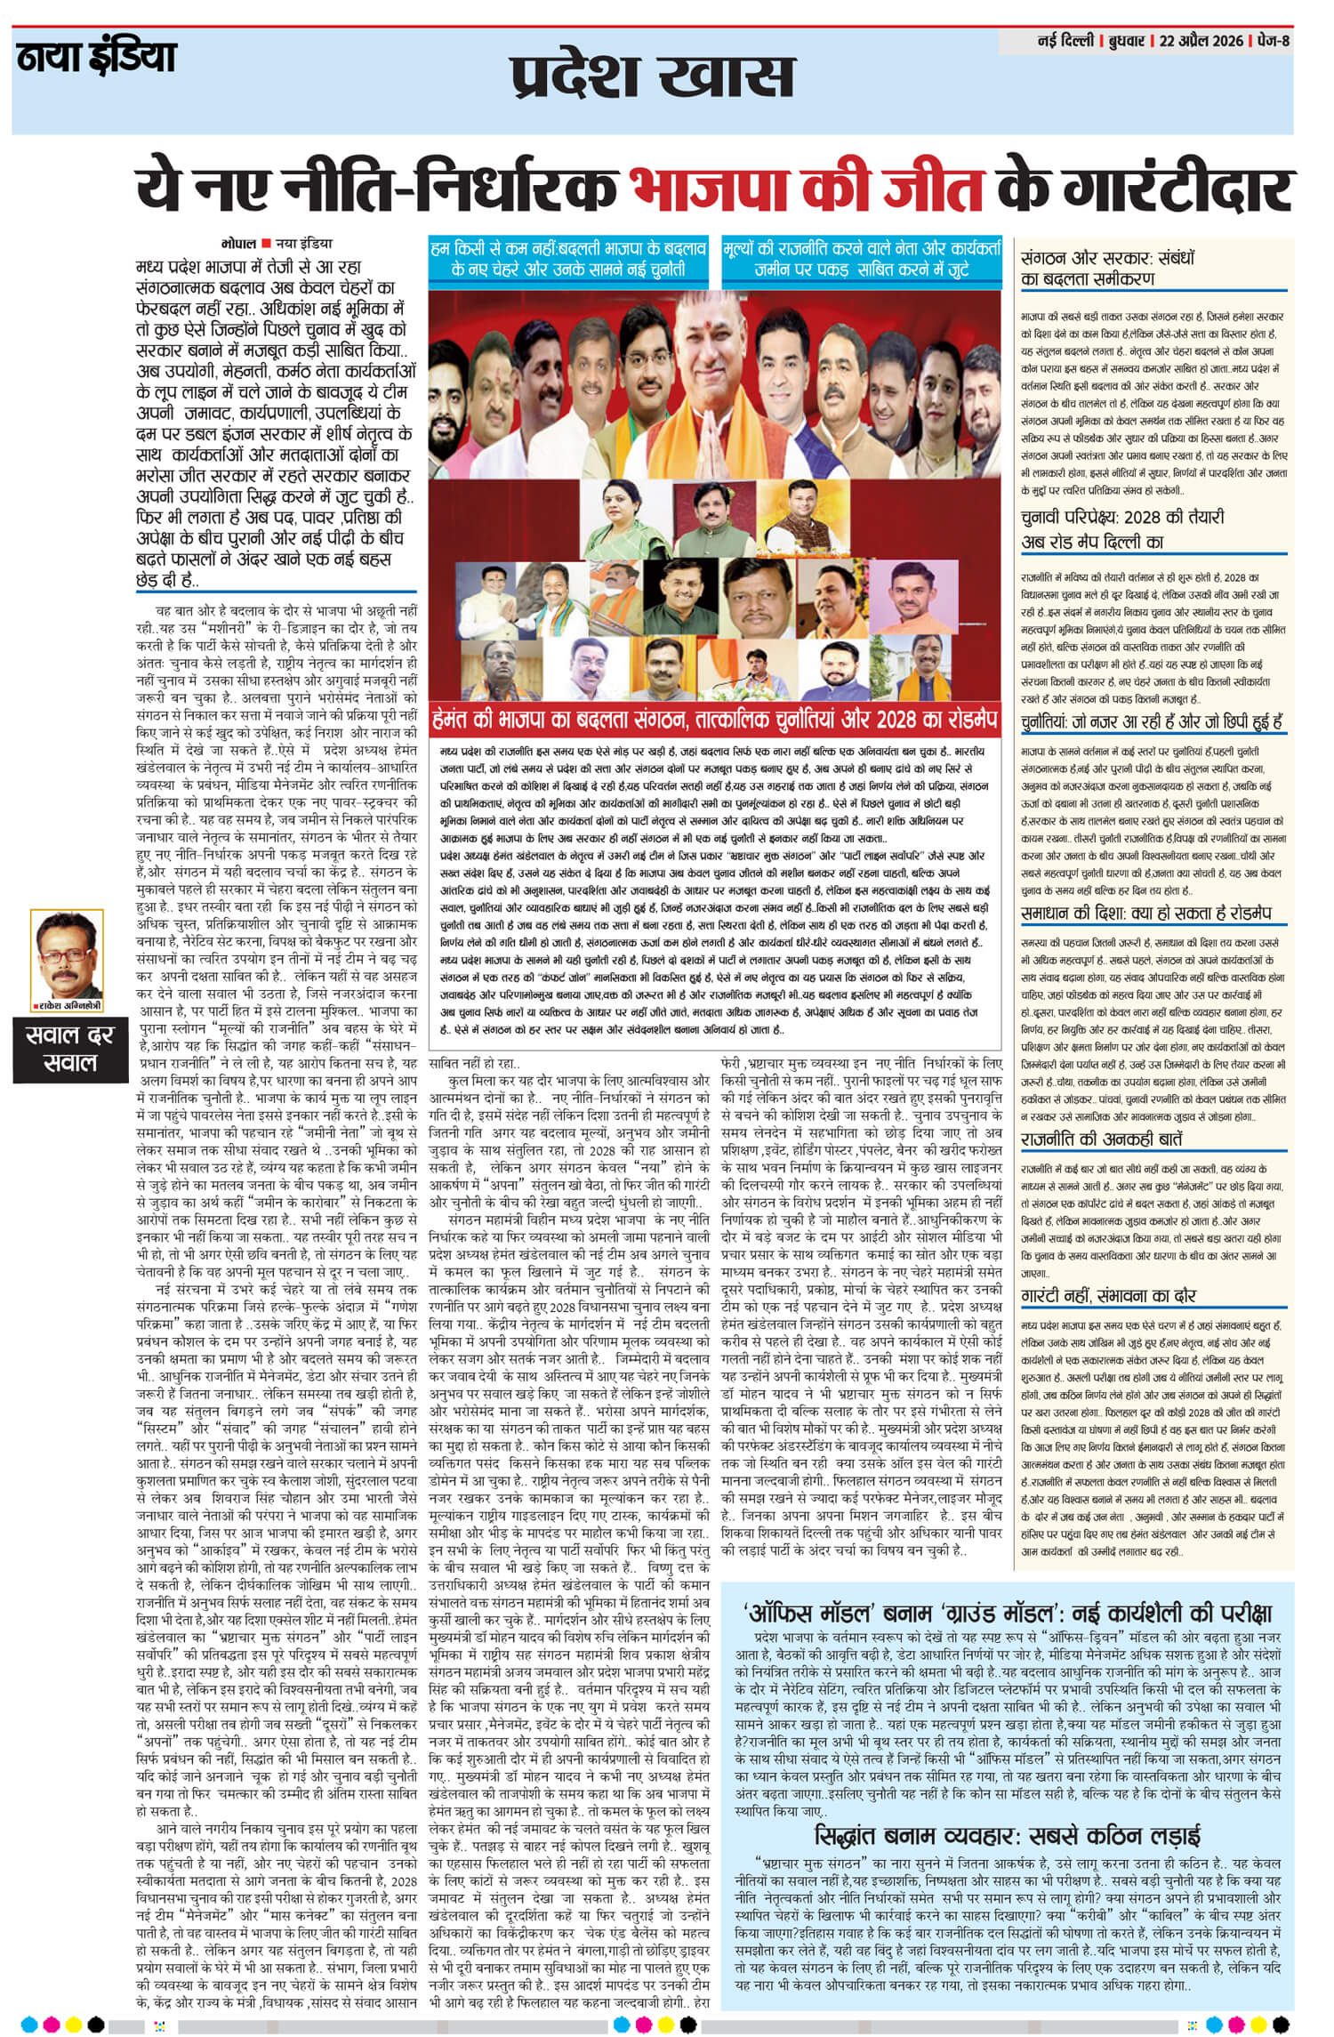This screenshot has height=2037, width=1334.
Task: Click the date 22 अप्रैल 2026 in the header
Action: (x=1200, y=42)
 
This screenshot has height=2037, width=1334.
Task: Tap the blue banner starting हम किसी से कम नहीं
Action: (x=567, y=256)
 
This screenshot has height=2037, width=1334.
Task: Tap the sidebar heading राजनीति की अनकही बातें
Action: (x=1103, y=1139)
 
